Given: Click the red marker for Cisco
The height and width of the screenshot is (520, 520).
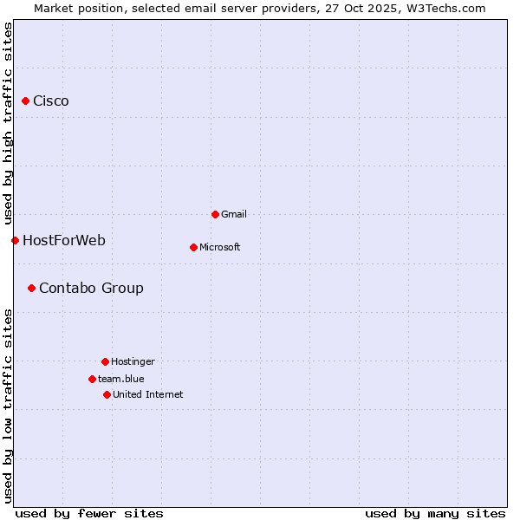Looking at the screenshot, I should [25, 101].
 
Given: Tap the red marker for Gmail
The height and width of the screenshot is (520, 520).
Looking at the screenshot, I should [215, 214].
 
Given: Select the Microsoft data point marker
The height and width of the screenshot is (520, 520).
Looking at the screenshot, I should [193, 247].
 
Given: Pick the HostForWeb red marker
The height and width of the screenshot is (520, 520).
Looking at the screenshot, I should [15, 240].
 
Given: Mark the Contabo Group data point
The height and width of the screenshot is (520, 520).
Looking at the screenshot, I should [31, 288].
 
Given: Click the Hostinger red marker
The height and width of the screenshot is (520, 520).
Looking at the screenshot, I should [105, 361].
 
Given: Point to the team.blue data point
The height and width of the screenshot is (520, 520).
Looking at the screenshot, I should [92, 379].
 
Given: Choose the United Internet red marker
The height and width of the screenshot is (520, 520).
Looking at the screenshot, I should [107, 394].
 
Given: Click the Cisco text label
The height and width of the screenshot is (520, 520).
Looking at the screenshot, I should [51, 101].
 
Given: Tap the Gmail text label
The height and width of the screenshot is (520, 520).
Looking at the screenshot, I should [234, 214].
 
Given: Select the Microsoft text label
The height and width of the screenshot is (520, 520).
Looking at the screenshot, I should [220, 247].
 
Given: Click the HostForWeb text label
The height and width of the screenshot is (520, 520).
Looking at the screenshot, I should [64, 240].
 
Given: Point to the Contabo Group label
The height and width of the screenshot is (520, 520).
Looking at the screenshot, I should [91, 288].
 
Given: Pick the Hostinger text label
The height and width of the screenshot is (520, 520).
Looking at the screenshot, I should [133, 361].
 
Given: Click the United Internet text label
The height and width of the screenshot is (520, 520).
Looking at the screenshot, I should [148, 394].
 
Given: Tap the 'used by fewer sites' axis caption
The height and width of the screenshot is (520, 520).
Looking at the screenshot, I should [89, 513].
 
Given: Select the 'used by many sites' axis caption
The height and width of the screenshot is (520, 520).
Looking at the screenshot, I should [435, 513].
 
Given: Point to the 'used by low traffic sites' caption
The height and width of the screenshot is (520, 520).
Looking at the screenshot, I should [8, 406].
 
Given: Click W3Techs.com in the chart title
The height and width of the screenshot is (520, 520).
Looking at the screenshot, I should [445, 8].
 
